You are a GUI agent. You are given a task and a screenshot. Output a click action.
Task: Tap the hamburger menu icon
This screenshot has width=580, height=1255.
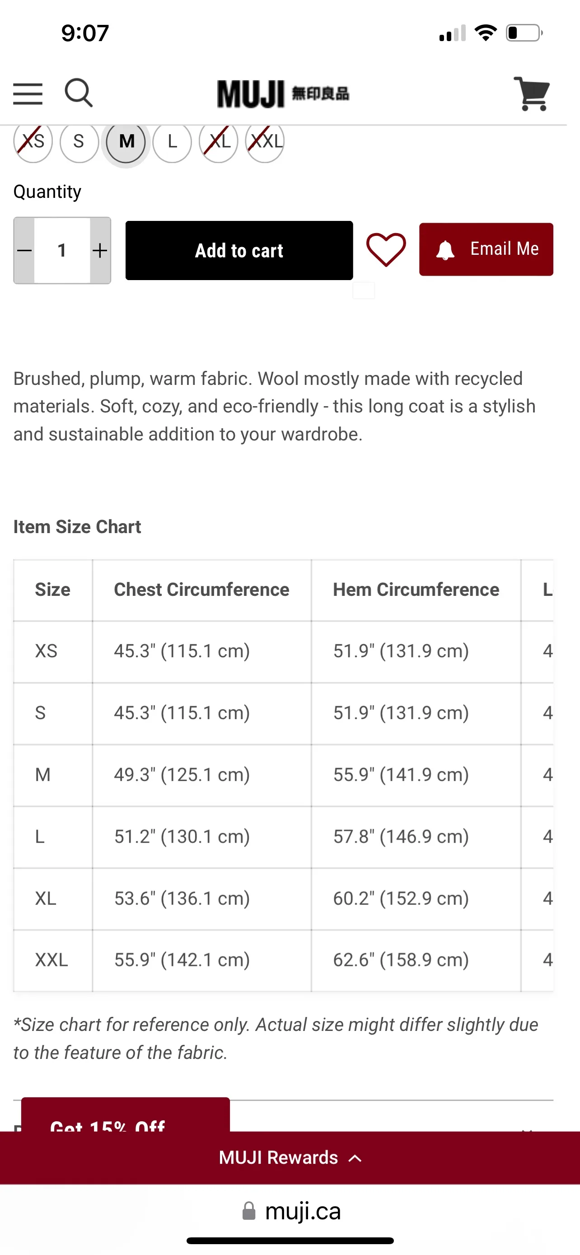pos(28,94)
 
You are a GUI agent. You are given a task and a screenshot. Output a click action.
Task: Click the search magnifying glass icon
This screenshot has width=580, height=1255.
pos(79,93)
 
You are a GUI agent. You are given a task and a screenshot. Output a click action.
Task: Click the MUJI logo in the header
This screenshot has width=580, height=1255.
pos(283,94)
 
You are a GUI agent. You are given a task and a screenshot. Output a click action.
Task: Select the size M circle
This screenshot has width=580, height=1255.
pos(126,142)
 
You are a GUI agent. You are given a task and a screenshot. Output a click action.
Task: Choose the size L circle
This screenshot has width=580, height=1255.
pos(172,142)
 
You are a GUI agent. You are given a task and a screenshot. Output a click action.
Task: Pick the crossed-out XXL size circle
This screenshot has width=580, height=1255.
pos(265,142)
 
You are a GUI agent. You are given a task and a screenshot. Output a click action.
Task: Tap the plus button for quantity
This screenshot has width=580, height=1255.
pos(100,250)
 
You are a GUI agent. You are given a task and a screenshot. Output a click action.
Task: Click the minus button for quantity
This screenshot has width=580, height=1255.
pos(24,250)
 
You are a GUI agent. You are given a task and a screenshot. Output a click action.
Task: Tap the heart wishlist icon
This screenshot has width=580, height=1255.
pos(386,249)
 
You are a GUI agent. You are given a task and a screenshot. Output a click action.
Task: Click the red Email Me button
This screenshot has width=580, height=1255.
pos(486,249)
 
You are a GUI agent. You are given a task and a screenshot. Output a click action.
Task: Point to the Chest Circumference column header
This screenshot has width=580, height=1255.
pos(201,590)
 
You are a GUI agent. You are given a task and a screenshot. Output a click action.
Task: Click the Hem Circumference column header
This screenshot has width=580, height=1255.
pos(416,590)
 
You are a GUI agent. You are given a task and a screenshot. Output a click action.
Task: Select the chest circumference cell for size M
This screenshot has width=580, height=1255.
pos(182,774)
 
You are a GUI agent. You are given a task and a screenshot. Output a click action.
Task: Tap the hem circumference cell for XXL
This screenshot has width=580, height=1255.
pos(401,960)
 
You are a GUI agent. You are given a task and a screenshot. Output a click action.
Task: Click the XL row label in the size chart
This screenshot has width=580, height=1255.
pos(46,898)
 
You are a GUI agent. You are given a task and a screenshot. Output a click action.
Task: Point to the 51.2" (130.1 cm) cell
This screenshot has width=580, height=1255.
pos(182,837)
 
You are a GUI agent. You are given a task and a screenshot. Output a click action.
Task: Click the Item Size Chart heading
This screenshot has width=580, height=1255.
pos(77,527)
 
